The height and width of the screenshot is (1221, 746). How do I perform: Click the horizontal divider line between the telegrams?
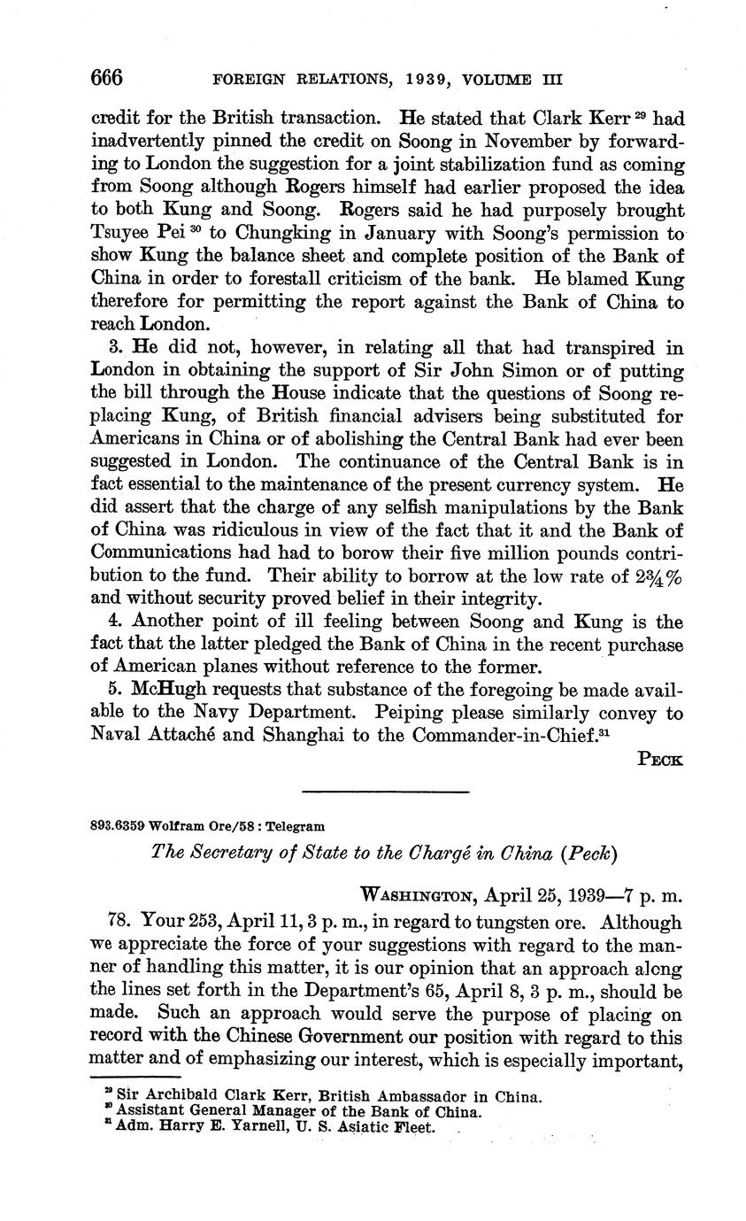[x=385, y=792]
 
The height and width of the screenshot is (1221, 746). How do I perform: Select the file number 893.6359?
[x=118, y=826]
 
